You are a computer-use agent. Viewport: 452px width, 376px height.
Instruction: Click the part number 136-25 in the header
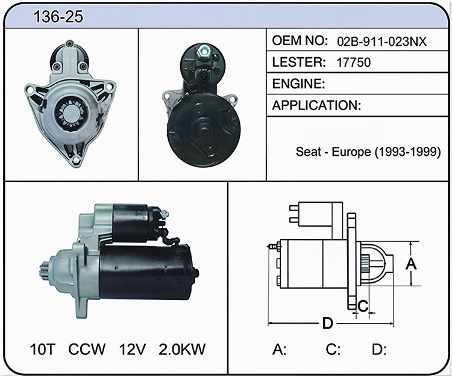click(x=58, y=17)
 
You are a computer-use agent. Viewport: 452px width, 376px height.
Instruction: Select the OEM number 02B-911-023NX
click(x=381, y=42)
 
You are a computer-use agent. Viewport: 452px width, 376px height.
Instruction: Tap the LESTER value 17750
click(x=353, y=63)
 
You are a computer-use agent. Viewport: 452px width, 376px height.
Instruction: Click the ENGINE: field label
click(x=298, y=84)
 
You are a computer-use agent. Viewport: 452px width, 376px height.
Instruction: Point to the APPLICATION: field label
click(x=316, y=105)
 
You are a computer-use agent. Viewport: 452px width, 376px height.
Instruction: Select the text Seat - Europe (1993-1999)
click(x=368, y=152)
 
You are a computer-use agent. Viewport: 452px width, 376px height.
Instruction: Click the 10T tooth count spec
click(x=42, y=349)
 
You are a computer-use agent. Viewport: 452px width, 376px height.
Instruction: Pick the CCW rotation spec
click(x=87, y=349)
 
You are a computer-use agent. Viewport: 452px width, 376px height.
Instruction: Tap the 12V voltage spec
click(x=133, y=349)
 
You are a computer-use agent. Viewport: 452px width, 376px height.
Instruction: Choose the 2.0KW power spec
click(x=182, y=349)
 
